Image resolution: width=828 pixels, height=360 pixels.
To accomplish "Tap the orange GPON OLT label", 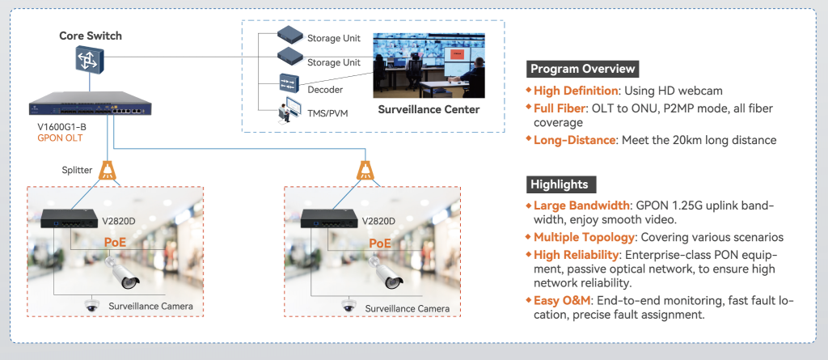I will coord(60,138).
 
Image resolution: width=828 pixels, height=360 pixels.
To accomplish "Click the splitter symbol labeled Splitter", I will coord(108,170).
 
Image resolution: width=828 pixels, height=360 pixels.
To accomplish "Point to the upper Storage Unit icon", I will coord(289,35).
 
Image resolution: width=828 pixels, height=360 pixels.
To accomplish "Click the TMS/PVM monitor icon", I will coord(289,110).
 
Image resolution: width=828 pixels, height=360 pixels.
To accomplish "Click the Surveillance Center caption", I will coord(429,109).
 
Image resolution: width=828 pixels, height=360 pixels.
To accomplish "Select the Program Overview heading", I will coord(582,69).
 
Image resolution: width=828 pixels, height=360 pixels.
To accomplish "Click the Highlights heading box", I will coord(559,184).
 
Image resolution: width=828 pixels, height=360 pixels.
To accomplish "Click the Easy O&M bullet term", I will coord(562,300).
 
